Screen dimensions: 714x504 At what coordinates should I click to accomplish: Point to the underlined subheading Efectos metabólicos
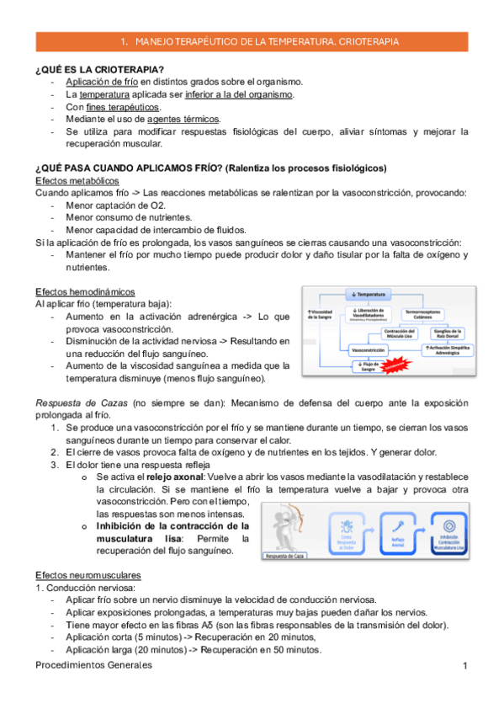(x=77, y=181)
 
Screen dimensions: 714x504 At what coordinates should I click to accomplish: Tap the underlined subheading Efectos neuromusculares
(x=88, y=574)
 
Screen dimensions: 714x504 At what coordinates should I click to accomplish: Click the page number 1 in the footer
(x=464, y=666)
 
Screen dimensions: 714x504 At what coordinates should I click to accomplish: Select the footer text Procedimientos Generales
(x=93, y=666)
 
